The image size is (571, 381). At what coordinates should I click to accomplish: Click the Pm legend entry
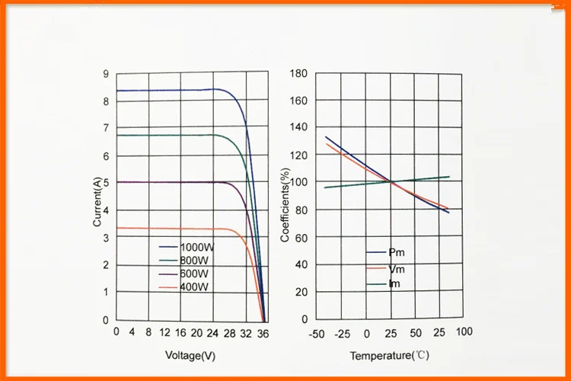(x=397, y=252)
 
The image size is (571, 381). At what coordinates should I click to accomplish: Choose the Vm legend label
(x=397, y=268)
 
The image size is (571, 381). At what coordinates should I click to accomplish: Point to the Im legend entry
(x=395, y=284)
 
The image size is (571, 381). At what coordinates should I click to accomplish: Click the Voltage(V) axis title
(x=190, y=355)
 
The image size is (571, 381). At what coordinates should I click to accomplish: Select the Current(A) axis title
(x=97, y=201)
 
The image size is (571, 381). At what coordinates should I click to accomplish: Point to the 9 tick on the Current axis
(x=106, y=74)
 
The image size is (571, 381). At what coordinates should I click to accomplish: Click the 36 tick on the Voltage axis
(x=263, y=332)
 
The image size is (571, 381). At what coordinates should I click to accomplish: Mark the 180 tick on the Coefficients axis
(x=298, y=74)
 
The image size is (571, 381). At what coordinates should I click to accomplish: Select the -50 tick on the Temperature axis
(x=317, y=333)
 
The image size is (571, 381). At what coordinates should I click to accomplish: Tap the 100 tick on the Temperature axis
(x=464, y=332)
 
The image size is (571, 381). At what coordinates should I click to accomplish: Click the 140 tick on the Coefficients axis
(x=298, y=128)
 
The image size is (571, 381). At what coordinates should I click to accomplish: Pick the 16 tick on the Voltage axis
(x=180, y=332)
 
